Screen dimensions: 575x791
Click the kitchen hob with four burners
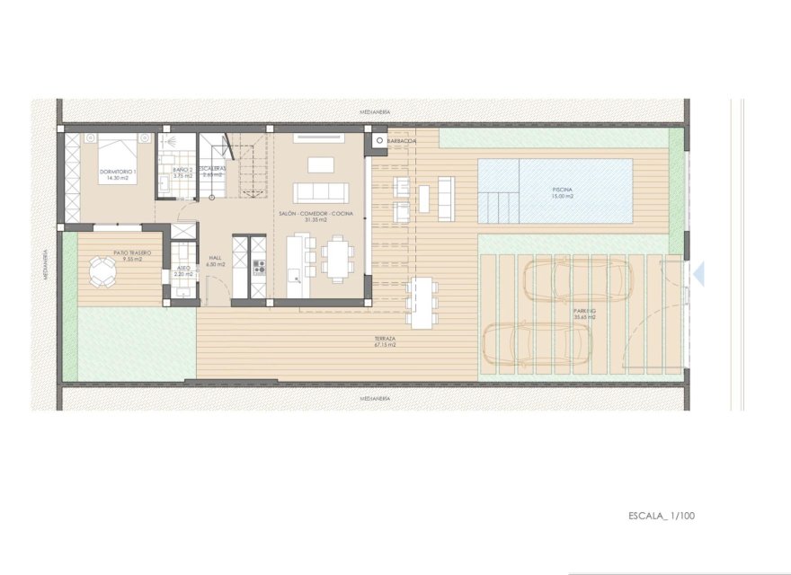[259, 267]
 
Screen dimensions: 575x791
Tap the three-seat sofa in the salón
[321, 191]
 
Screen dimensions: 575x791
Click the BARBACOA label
[404, 141]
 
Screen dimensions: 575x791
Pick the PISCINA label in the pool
[564, 190]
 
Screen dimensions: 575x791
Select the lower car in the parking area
[537, 344]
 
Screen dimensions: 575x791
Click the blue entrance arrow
[698, 275]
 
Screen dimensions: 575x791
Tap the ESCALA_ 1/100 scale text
[662, 516]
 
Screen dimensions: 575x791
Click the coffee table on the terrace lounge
[423, 197]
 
